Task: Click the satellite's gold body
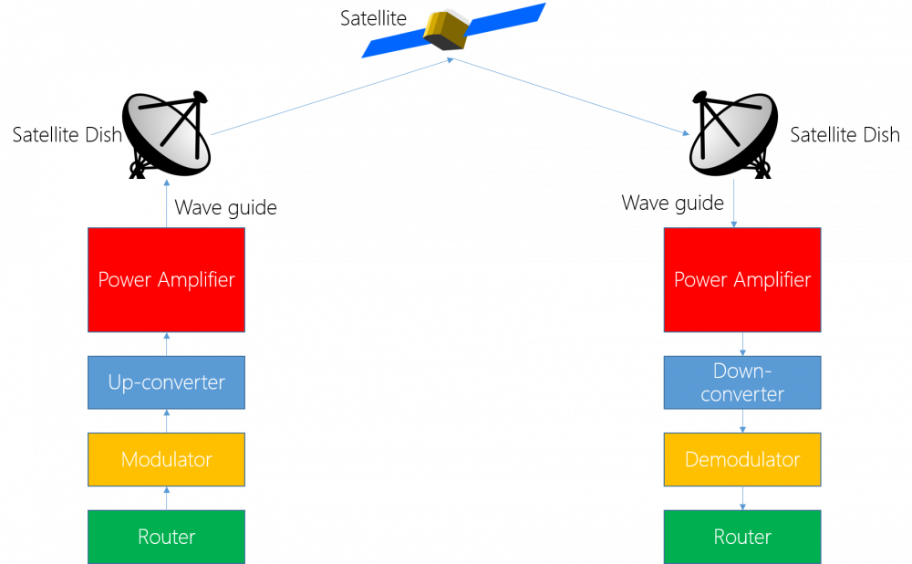[x=446, y=30]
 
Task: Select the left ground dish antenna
[x=169, y=133]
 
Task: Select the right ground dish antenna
[x=731, y=132]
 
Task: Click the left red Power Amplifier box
[x=167, y=279]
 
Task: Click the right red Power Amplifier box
[x=742, y=279]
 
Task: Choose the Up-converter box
[x=167, y=382]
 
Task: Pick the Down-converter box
[x=742, y=382]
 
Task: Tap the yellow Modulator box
[x=167, y=459]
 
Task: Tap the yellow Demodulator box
[x=742, y=459]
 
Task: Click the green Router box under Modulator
[x=167, y=537]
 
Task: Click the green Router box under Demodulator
[x=742, y=537]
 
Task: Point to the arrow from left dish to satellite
[x=332, y=97]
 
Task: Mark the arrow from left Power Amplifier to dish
[x=167, y=203]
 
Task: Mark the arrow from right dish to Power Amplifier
[x=734, y=204]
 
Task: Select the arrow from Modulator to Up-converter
[x=167, y=421]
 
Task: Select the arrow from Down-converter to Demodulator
[x=742, y=421]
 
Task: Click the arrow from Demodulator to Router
[x=742, y=498]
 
